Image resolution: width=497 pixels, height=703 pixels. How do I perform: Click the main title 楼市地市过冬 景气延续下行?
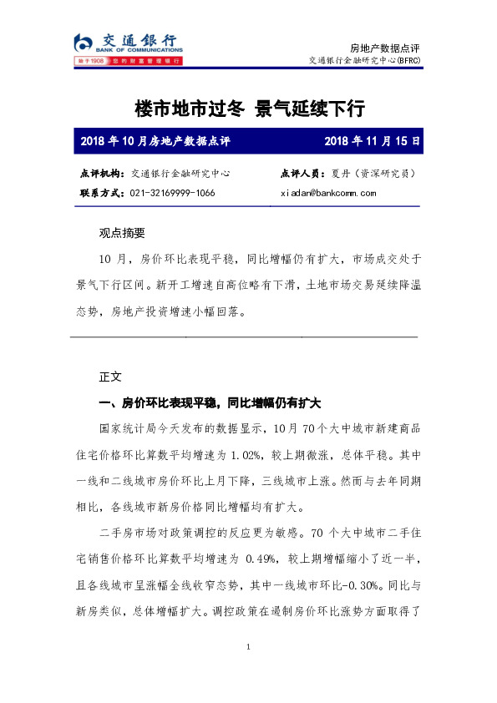click(x=250, y=109)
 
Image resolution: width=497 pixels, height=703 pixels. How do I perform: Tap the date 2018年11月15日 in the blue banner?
click(x=372, y=141)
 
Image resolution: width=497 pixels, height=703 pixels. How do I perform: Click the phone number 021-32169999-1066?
click(x=173, y=193)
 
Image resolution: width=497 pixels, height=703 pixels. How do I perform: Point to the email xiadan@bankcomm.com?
click(x=328, y=193)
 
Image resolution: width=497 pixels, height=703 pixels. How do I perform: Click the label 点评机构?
click(x=103, y=174)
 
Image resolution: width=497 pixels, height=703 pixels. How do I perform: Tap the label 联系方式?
click(x=103, y=193)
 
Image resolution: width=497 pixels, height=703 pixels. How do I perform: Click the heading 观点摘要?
click(x=122, y=234)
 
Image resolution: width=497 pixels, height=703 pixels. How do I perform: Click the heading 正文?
click(x=110, y=377)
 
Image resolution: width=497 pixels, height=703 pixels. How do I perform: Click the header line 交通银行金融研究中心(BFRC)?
click(x=368, y=60)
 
